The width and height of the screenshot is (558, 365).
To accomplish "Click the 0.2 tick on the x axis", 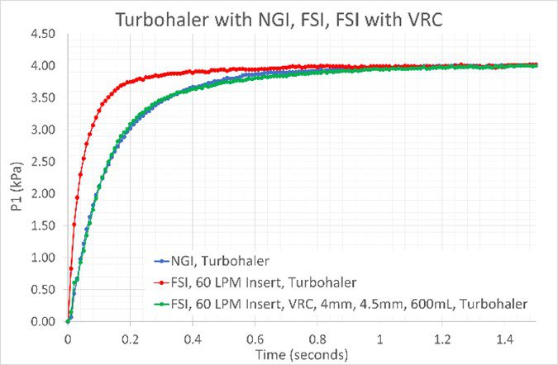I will pyautogui.click(x=130, y=337).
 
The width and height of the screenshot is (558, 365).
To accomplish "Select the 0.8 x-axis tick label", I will pyautogui.click(x=317, y=337).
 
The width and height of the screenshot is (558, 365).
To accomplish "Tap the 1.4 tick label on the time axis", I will pyautogui.click(x=505, y=337).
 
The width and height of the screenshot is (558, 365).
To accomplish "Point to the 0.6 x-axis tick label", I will pyautogui.click(x=255, y=337).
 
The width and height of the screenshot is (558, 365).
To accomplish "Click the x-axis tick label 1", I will pyautogui.click(x=380, y=337).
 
